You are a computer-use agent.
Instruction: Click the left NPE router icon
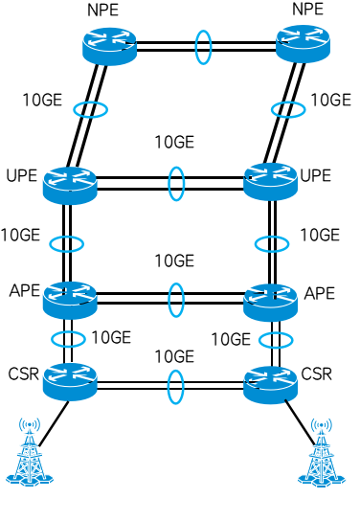108,44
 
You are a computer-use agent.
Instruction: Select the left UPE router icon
70,183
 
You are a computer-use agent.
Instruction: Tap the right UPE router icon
271,181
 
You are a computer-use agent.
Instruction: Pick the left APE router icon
70,299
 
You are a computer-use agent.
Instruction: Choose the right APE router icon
271,299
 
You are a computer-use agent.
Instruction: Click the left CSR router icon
70,380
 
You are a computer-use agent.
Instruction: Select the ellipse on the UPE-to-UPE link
176,183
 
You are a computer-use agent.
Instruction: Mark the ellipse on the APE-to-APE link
176,299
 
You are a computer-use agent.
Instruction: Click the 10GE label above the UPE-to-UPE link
174,143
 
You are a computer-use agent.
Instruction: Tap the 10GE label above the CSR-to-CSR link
174,357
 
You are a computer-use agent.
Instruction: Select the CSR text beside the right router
317,374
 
